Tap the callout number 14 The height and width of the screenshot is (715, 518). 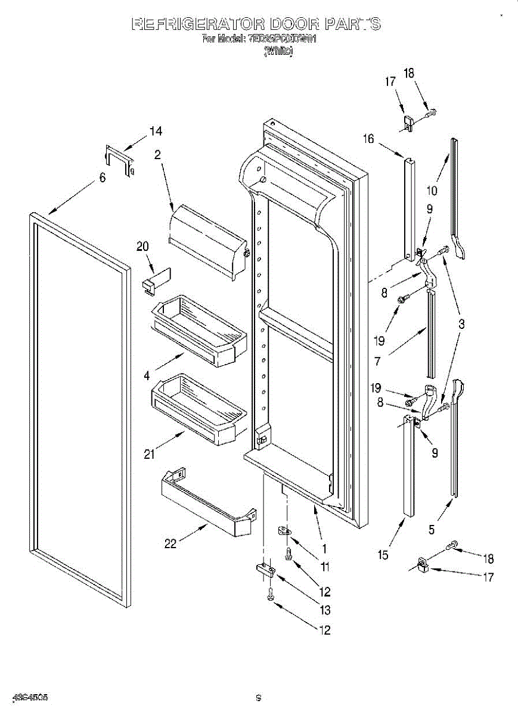156,131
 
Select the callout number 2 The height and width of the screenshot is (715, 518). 157,155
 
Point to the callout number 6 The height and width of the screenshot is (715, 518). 103,178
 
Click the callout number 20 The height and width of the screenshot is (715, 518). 142,246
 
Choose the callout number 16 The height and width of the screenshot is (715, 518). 368,139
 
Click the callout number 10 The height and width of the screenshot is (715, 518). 432,191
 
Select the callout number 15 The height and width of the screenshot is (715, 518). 383,555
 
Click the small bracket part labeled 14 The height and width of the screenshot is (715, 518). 119,160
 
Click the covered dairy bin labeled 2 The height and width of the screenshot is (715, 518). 209,238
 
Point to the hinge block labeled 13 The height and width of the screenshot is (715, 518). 266,570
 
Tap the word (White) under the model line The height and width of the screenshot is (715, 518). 278,52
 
